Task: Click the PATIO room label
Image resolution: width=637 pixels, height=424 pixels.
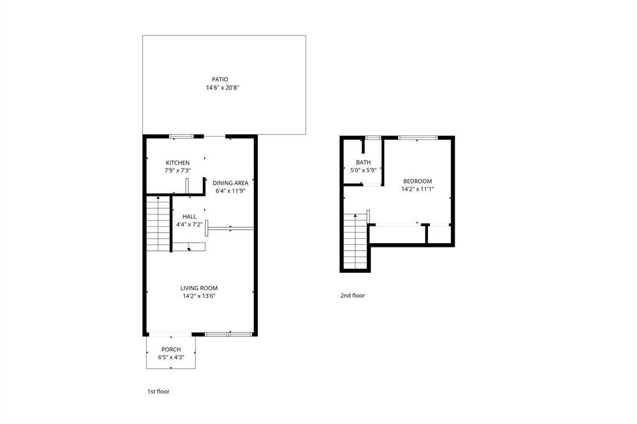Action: click(x=220, y=80)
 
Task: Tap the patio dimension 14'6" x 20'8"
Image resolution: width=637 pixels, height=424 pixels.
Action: click(x=223, y=88)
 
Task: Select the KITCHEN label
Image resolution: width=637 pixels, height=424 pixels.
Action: click(x=177, y=163)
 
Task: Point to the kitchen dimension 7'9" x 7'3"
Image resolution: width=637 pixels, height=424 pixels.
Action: click(x=177, y=171)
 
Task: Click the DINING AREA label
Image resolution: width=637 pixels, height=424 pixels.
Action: click(x=230, y=183)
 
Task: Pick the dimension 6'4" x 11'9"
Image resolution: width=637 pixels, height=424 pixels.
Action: click(x=230, y=191)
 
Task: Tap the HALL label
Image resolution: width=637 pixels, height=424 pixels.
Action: click(x=189, y=216)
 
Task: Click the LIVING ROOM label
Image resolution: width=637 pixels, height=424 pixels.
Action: click(x=198, y=288)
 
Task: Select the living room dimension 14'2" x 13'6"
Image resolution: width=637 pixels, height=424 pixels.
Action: click(x=198, y=297)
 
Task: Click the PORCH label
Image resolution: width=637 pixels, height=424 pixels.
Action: click(x=171, y=349)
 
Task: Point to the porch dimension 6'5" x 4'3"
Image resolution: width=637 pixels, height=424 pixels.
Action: click(x=171, y=358)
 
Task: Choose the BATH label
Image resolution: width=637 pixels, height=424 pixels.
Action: click(x=363, y=162)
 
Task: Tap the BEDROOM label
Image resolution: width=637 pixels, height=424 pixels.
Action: click(x=417, y=181)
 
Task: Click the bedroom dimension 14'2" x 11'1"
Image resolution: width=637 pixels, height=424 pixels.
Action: click(x=417, y=190)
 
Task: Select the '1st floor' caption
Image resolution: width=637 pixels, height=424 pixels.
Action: click(x=158, y=392)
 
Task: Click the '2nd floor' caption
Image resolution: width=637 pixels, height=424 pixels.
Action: click(x=352, y=296)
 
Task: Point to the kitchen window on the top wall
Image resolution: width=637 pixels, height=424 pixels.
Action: click(x=182, y=136)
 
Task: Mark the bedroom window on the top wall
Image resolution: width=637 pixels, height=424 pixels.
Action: click(x=418, y=137)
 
